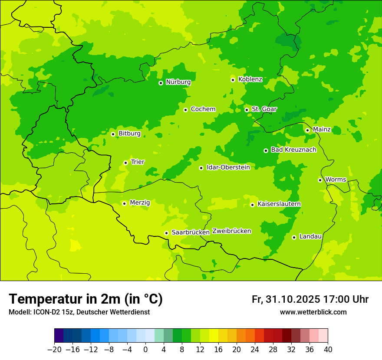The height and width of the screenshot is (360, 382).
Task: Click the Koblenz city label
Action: [250, 79]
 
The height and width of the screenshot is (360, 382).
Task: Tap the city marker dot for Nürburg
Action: [161, 83]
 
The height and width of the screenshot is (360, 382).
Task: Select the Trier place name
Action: [138, 162]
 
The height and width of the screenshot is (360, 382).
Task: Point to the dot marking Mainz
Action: [307, 130]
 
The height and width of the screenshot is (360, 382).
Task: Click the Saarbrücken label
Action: [191, 232]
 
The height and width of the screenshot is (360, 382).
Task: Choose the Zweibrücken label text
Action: [231, 231]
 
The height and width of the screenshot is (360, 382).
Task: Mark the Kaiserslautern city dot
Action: [252, 205]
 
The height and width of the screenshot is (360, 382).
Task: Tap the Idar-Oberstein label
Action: [228, 167]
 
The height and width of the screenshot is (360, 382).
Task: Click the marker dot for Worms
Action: [320, 180]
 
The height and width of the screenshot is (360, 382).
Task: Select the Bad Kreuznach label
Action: [293, 150]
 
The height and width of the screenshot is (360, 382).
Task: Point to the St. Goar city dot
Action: [247, 110]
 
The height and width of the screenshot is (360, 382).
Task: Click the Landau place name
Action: [310, 237]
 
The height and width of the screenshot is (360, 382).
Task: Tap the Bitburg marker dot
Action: [113, 134]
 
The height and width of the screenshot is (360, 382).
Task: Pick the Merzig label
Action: [140, 203]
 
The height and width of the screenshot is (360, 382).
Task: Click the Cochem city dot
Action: [185, 110]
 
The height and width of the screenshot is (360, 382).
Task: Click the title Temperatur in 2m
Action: [86, 299]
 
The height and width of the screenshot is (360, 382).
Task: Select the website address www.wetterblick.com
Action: [313, 312]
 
